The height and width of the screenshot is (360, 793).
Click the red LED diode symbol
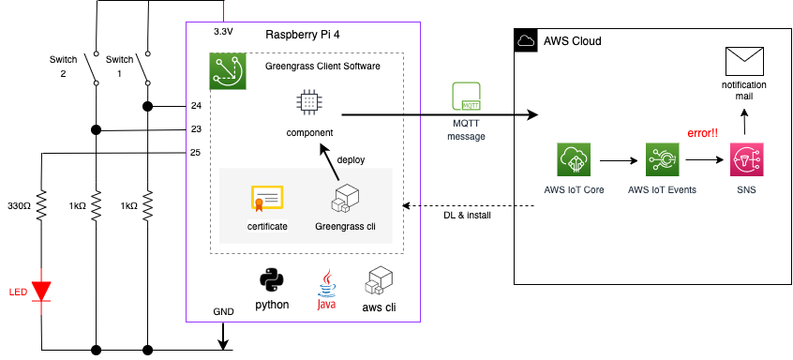[x=42, y=290]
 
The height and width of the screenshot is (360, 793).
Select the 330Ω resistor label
[x=21, y=205]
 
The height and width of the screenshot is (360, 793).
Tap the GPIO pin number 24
[x=196, y=106]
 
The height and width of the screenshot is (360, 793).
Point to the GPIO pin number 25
[x=196, y=152]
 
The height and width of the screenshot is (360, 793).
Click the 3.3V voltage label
[x=223, y=31]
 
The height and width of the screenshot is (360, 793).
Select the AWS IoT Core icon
[x=574, y=161]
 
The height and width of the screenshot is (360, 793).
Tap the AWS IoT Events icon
[x=661, y=161]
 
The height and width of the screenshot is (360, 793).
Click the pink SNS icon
[x=745, y=161]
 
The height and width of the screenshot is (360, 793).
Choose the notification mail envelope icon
[x=745, y=62]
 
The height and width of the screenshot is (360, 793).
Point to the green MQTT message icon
[x=468, y=98]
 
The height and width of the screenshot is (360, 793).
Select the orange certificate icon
[x=266, y=199]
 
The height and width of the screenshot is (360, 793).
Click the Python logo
[x=273, y=280]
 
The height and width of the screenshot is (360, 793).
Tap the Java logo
[x=327, y=284]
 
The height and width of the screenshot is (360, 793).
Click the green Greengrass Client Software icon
[x=228, y=71]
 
